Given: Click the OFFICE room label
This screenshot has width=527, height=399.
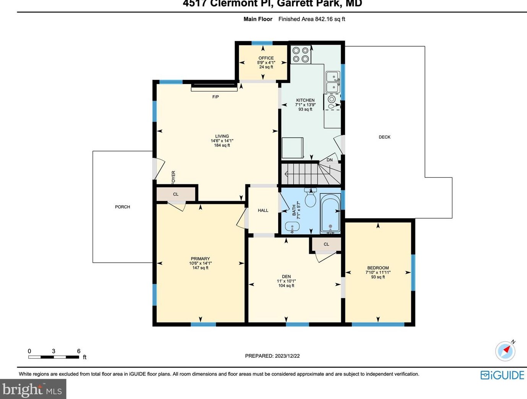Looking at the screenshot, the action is tap(266, 58).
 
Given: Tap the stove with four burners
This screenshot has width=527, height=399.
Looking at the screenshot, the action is tap(301, 55).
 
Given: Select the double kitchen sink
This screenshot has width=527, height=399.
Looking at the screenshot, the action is tap(333, 82).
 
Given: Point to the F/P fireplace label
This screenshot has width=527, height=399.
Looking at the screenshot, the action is tap(216, 97).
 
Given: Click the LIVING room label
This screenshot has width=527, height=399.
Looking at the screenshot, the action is tap(222, 136).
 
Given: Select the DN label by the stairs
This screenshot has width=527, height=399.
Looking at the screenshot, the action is tap(329, 160).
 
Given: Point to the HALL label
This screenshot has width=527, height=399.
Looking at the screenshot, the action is tap(263, 210).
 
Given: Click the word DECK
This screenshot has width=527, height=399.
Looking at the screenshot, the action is tap(384, 137).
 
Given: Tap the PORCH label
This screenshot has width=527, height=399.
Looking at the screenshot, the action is tap(122, 207).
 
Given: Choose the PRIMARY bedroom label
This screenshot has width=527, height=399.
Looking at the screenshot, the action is tap(200, 259).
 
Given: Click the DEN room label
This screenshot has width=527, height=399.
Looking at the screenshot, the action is tap(286, 277).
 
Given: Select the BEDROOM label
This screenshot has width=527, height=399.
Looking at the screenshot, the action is tap(378, 268).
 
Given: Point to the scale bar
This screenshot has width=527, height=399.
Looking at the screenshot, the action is tap(54, 357).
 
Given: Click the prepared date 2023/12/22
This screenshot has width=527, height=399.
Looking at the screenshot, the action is tap(287, 356).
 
